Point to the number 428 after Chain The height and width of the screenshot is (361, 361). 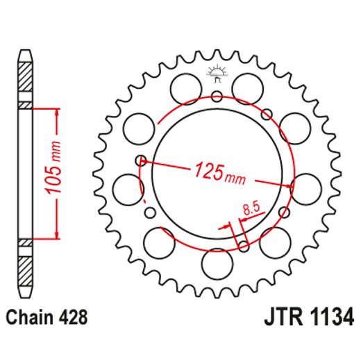74,318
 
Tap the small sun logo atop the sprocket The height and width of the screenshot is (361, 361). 215,71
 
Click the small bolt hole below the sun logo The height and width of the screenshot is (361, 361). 216,96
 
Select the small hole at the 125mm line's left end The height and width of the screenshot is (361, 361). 142,160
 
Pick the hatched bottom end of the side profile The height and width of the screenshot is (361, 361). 25,267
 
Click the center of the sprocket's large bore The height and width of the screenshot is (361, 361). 216,174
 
